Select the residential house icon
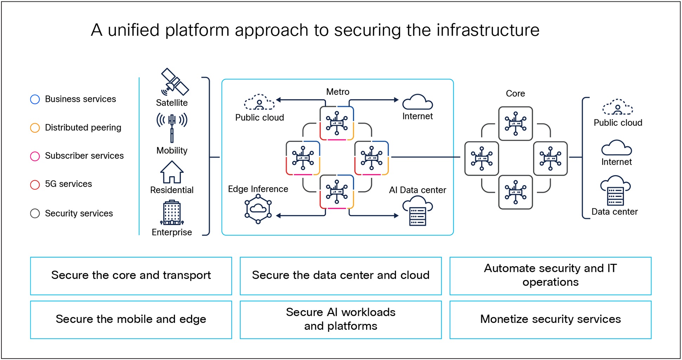click(172, 172)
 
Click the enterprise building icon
click(172, 213)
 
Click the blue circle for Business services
click(35, 99)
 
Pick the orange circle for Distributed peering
click(35, 128)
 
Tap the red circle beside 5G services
click(35, 185)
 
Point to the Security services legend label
click(79, 214)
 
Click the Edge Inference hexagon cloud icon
click(258, 209)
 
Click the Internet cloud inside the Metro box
click(417, 102)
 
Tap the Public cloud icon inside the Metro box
click(259, 102)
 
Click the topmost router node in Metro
click(337, 123)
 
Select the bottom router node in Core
click(515, 192)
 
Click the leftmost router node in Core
click(481, 158)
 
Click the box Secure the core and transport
click(131, 276)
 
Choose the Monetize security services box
click(550, 320)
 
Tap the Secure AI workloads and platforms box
click(340, 320)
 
